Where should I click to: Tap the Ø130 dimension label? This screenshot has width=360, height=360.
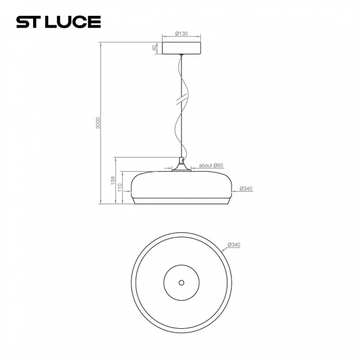(181, 34)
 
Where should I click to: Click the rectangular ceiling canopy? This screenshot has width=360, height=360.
(181, 48)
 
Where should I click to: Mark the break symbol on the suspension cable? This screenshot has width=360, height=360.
(181, 98)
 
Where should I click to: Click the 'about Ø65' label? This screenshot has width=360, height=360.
(210, 165)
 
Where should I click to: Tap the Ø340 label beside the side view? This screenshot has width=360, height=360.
(246, 188)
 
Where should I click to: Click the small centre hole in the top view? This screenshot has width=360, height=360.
(180, 282)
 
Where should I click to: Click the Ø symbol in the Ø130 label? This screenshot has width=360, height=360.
(176, 34)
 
